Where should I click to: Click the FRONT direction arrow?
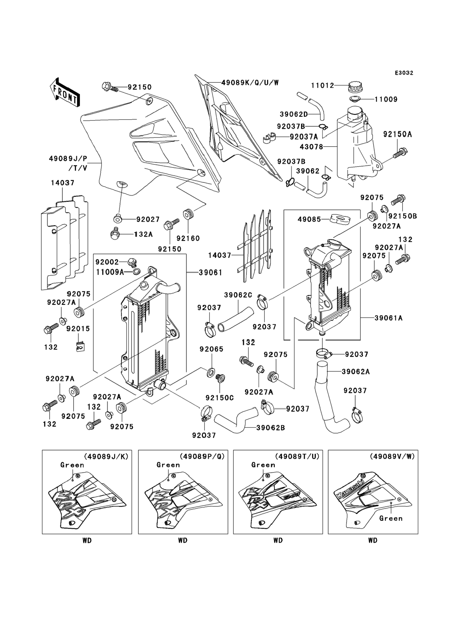[x=65, y=93]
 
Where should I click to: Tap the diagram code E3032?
[x=404, y=73]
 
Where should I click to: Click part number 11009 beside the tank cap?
[x=386, y=99]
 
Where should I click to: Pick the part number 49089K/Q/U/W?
[x=250, y=83]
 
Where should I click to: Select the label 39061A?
[x=388, y=318]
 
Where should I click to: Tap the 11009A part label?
[x=110, y=272]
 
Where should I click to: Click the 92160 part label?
[x=188, y=238]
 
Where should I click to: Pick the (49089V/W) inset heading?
[x=392, y=457]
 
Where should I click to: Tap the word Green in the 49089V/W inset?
[x=391, y=518]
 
